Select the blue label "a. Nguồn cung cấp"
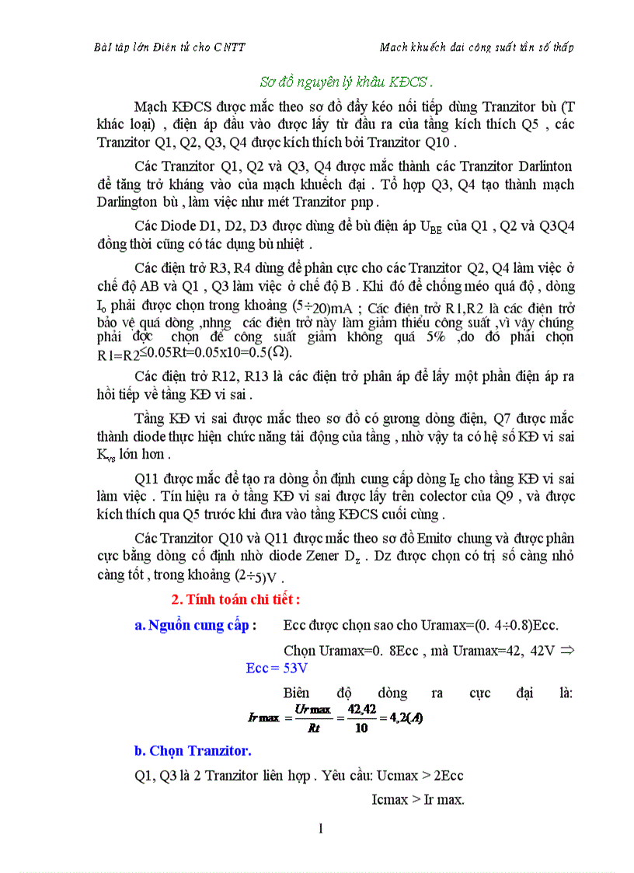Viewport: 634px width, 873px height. [191, 626]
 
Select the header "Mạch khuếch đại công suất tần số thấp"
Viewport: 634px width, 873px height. [476, 47]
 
